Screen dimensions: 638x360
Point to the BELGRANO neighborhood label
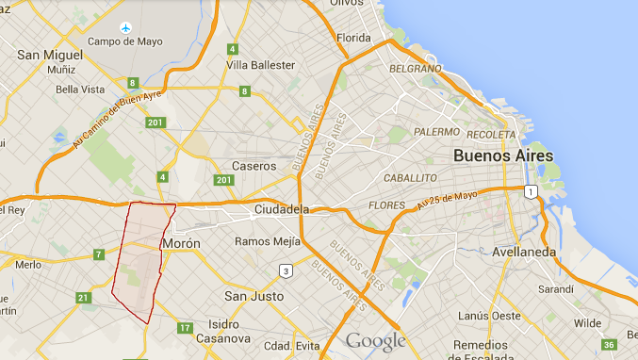click(416, 69)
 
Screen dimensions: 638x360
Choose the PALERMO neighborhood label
click(435, 132)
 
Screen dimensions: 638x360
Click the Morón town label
click(181, 243)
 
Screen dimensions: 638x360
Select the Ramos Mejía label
click(268, 241)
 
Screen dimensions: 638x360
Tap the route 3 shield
click(285, 271)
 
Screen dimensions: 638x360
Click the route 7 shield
click(98, 254)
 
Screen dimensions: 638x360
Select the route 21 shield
click(84, 299)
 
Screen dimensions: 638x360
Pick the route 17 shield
click(185, 328)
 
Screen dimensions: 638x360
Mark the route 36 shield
click(610, 345)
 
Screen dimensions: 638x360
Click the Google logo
click(375, 341)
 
